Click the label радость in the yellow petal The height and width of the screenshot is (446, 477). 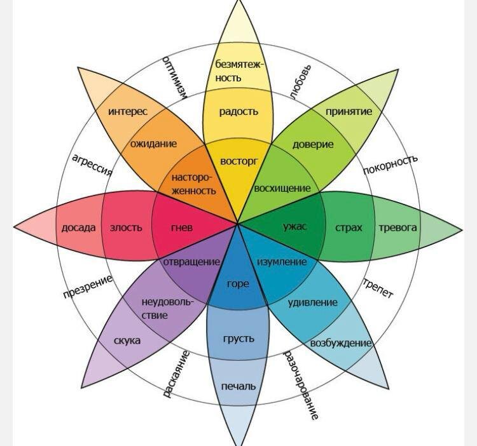(x=238, y=112)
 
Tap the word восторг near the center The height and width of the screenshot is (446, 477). (x=238, y=161)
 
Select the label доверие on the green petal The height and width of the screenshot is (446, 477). (x=313, y=144)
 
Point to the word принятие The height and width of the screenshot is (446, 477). (x=349, y=112)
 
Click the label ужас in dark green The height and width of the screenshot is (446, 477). (x=294, y=227)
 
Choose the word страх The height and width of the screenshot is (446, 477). (x=349, y=227)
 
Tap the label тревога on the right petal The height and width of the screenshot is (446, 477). (x=397, y=227)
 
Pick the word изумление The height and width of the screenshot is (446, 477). (x=282, y=262)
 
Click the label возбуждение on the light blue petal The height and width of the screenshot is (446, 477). (x=340, y=343)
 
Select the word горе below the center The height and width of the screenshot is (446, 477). (x=238, y=284)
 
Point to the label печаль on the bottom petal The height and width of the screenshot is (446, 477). (x=238, y=386)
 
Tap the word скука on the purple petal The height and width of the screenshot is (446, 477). (x=127, y=341)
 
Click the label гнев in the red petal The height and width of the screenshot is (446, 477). (x=181, y=227)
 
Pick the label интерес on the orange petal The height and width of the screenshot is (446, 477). (x=128, y=112)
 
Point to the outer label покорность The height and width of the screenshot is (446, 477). (x=390, y=165)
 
